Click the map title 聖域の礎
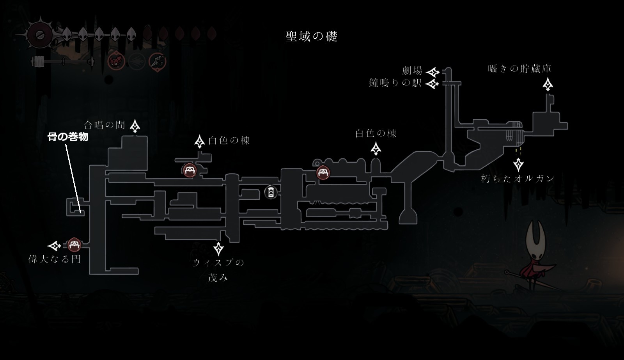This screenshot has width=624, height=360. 311,37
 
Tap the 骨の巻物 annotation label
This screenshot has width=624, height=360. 68,137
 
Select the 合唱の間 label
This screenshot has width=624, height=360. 105,125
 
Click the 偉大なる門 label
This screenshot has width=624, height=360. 55,259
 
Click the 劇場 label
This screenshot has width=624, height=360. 412,71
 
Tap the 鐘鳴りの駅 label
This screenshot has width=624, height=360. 395,83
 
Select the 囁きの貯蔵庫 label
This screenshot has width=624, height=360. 519,69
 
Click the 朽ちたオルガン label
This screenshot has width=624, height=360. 518,179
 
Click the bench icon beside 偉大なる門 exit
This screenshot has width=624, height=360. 74,245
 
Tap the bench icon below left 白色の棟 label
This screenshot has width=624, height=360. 190,170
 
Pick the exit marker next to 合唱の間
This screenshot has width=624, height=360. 135,126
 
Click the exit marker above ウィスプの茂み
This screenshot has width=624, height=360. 218,248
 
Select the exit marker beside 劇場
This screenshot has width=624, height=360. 433,72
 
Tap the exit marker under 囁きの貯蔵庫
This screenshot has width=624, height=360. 548,84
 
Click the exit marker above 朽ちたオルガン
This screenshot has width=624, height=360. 518,164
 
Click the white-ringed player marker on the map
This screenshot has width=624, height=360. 271,192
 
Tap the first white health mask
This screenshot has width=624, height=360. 66,35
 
